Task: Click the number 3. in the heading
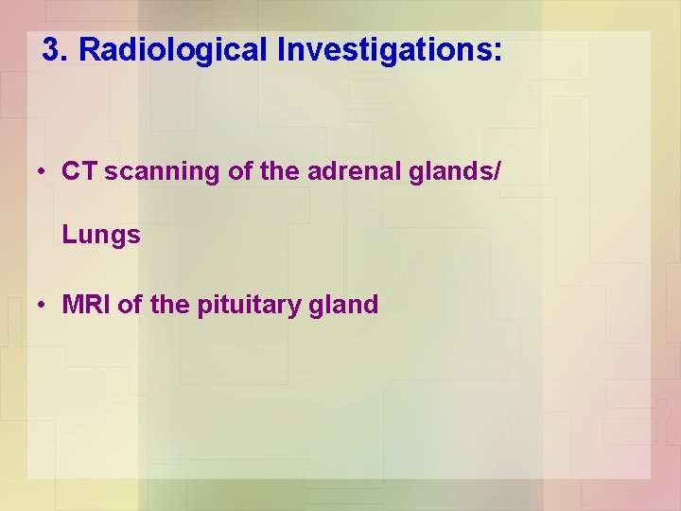pos(56,50)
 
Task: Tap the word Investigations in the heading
pos(383,50)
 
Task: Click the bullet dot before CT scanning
pos(43,172)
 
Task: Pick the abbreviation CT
pos(80,171)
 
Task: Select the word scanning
pos(157,172)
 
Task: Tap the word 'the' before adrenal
pos(273,171)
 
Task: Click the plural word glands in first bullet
pos(449,171)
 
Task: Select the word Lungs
pos(101,236)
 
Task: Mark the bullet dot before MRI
pos(43,306)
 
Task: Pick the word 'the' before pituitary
pos(171,305)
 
